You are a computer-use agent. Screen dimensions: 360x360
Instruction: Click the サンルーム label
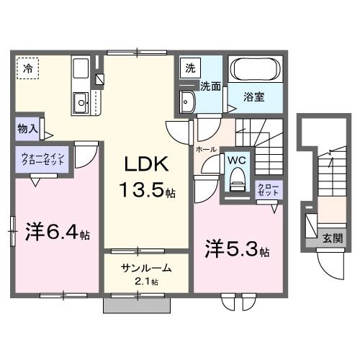pyautogui.click(x=145, y=267)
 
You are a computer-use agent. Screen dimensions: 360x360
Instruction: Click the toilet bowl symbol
pyautogui.click(x=235, y=182)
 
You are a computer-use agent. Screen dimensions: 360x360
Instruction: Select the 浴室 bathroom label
pyautogui.click(x=253, y=96)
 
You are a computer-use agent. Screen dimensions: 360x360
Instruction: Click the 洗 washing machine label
pyautogui.click(x=190, y=69)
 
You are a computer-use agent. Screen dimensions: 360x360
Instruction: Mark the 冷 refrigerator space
pyautogui.click(x=28, y=70)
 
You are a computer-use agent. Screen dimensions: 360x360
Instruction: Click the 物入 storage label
pyautogui.click(x=27, y=130)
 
